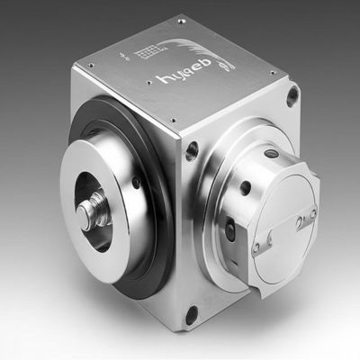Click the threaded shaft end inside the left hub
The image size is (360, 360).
point(91,213)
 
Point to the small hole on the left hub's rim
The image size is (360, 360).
point(134,185)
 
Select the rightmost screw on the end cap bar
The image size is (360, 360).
point(312,211)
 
